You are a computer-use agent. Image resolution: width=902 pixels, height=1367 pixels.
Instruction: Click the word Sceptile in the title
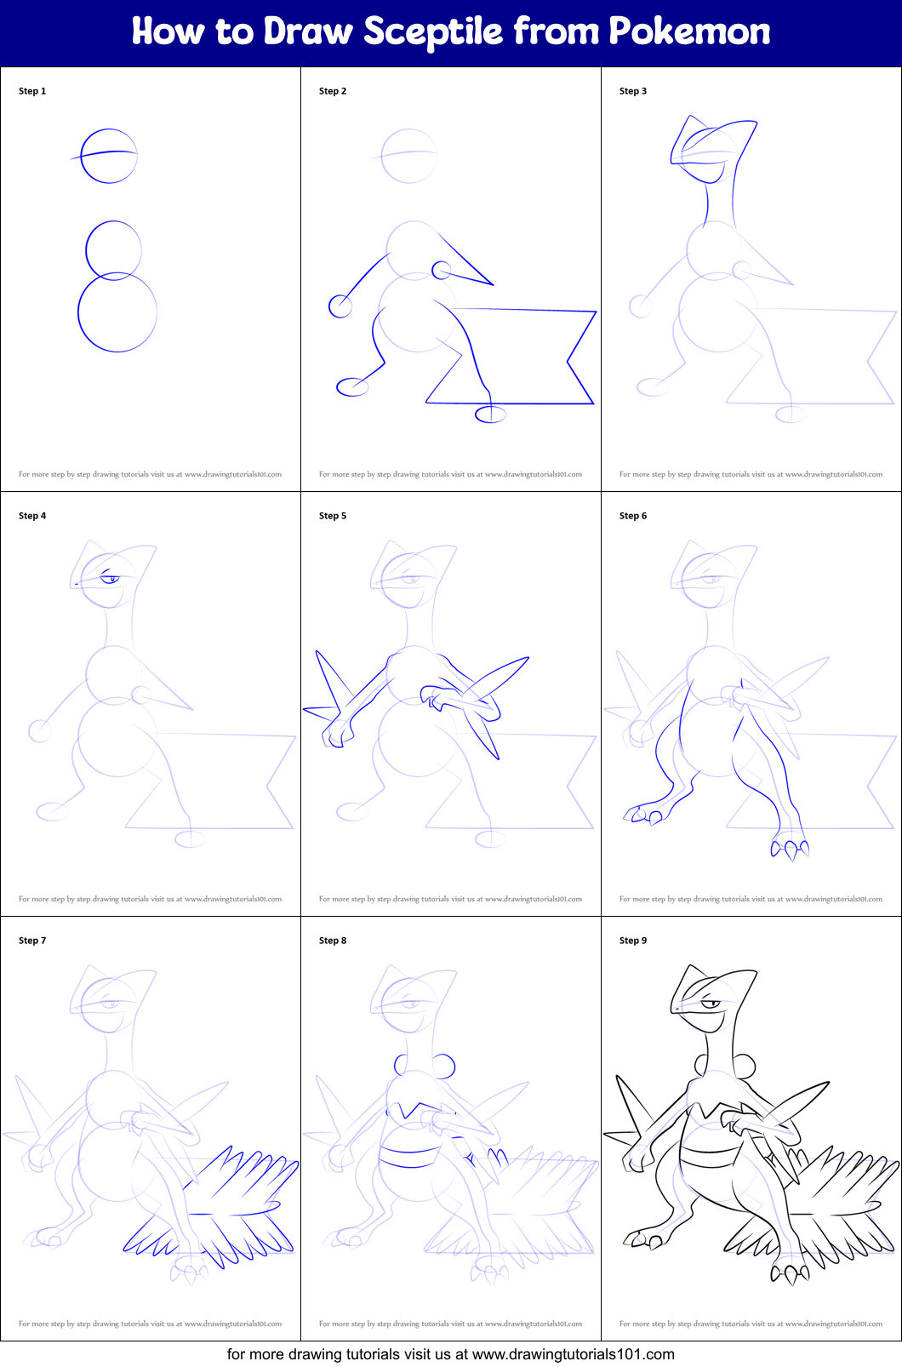(x=433, y=32)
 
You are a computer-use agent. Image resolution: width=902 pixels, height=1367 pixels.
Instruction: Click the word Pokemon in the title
(x=689, y=32)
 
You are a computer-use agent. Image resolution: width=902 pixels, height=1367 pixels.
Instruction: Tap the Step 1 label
(x=32, y=91)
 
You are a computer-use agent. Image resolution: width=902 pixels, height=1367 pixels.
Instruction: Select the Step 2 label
(x=333, y=91)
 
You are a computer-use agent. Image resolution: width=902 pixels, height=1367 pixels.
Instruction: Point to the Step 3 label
(x=633, y=91)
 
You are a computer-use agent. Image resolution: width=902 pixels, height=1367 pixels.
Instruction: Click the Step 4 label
(x=32, y=516)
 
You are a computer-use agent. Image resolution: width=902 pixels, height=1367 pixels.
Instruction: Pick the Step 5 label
(x=333, y=516)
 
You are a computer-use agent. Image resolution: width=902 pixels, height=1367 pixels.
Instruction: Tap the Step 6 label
(x=633, y=516)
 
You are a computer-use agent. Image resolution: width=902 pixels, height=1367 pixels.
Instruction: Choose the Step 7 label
(x=32, y=941)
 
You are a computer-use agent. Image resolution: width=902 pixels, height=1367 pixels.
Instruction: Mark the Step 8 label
(x=333, y=941)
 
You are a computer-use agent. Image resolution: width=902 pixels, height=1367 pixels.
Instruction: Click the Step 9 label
(x=633, y=941)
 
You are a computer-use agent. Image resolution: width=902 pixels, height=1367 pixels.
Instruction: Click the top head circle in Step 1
(x=109, y=156)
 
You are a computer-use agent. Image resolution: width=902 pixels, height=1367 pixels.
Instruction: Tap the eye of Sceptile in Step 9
(x=712, y=1005)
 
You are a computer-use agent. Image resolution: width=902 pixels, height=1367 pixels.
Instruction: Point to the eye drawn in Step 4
(x=111, y=579)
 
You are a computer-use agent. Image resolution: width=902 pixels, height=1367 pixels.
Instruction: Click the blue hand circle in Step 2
(x=340, y=306)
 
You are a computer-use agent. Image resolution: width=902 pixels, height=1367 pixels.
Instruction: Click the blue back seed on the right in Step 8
(x=444, y=1066)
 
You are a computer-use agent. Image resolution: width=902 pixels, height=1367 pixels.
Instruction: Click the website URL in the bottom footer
(x=573, y=1354)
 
